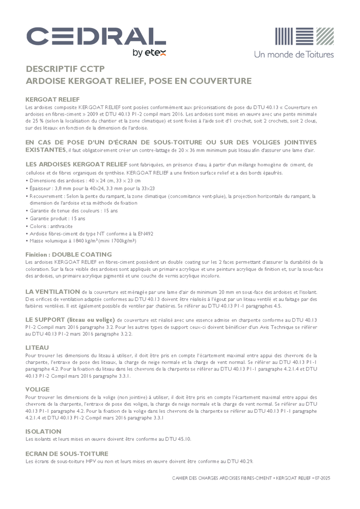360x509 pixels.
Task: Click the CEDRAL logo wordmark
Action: click(96, 37)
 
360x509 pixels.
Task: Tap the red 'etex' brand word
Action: click(156, 52)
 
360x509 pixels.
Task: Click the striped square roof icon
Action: click(304, 37)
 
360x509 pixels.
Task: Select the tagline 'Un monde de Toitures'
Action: click(294, 54)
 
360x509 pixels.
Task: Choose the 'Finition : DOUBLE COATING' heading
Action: click(68, 254)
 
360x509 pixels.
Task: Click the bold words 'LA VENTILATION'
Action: click(52, 291)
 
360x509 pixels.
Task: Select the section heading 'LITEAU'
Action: click(37, 347)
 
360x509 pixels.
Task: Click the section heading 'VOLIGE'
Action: click(37, 389)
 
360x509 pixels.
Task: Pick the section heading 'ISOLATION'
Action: click(43, 432)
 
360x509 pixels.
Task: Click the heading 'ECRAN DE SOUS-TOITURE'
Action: click(67, 454)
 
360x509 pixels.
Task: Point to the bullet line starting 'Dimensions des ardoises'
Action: click(84, 181)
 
